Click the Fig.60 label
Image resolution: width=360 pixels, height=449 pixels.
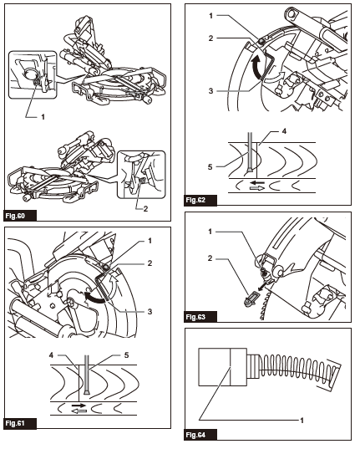tap(19, 214)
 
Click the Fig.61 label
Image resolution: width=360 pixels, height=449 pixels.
tap(19, 422)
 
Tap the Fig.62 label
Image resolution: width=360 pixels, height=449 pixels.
tap(198, 200)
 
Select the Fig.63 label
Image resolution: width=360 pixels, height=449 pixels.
tap(198, 317)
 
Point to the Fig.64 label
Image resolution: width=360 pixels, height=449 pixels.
tap(198, 434)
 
